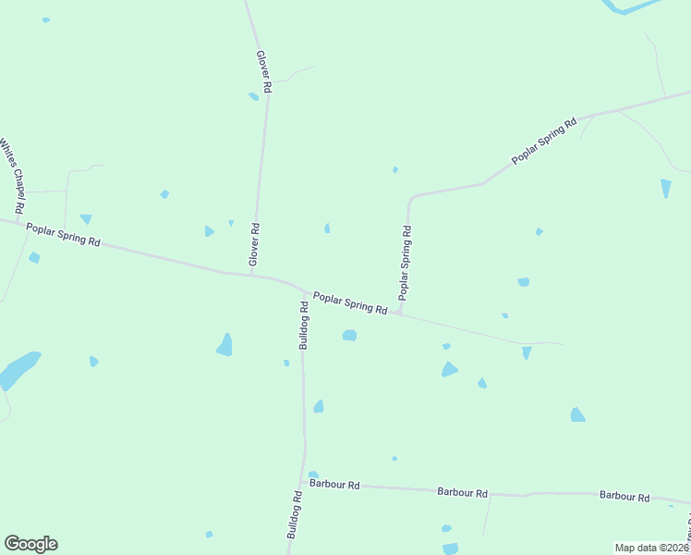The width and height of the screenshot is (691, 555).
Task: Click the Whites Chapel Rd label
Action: pyautogui.click(x=13, y=173)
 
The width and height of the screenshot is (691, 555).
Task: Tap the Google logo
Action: pyautogui.click(x=30, y=544)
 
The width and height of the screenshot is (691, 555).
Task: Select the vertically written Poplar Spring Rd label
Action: pyautogui.click(x=405, y=263)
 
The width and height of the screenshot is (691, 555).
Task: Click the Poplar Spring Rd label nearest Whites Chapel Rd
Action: pyautogui.click(x=63, y=234)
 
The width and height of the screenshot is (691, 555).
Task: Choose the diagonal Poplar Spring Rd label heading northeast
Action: pyautogui.click(x=544, y=141)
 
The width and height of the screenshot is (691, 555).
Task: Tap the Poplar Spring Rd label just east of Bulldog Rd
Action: pyautogui.click(x=349, y=302)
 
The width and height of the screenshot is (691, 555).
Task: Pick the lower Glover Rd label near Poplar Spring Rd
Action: pyautogui.click(x=254, y=245)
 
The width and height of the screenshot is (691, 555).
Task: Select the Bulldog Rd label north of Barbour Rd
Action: pyautogui.click(x=304, y=324)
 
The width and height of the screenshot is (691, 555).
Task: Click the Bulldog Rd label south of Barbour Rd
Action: pyautogui.click(x=295, y=515)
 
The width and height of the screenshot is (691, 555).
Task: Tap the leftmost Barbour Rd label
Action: pyautogui.click(x=334, y=484)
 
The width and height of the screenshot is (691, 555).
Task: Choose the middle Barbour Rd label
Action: pyautogui.click(x=462, y=493)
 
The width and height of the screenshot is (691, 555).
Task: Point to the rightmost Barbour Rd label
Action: pyautogui.click(x=624, y=496)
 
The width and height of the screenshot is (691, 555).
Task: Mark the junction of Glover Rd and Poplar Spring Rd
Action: pyautogui.click(x=250, y=274)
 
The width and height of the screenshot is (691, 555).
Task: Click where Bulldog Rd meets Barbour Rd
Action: pyautogui.click(x=302, y=482)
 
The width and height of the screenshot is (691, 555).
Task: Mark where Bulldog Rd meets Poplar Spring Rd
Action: pyautogui.click(x=303, y=290)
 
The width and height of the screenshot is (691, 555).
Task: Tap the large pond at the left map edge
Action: pyautogui.click(x=18, y=368)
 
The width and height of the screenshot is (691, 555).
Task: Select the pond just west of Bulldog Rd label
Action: pyautogui.click(x=224, y=345)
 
